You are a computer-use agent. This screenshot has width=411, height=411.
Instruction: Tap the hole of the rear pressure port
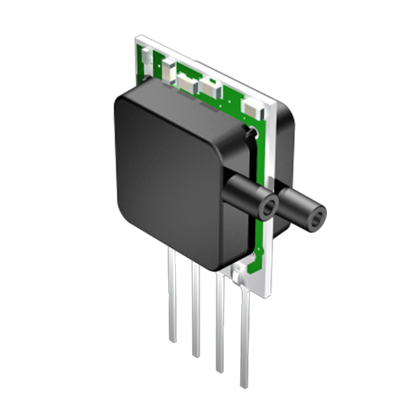coord(317,220)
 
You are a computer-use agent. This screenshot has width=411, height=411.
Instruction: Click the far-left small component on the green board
coord(147,58)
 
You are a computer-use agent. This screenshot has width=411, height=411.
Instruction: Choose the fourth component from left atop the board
coord(208,88)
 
